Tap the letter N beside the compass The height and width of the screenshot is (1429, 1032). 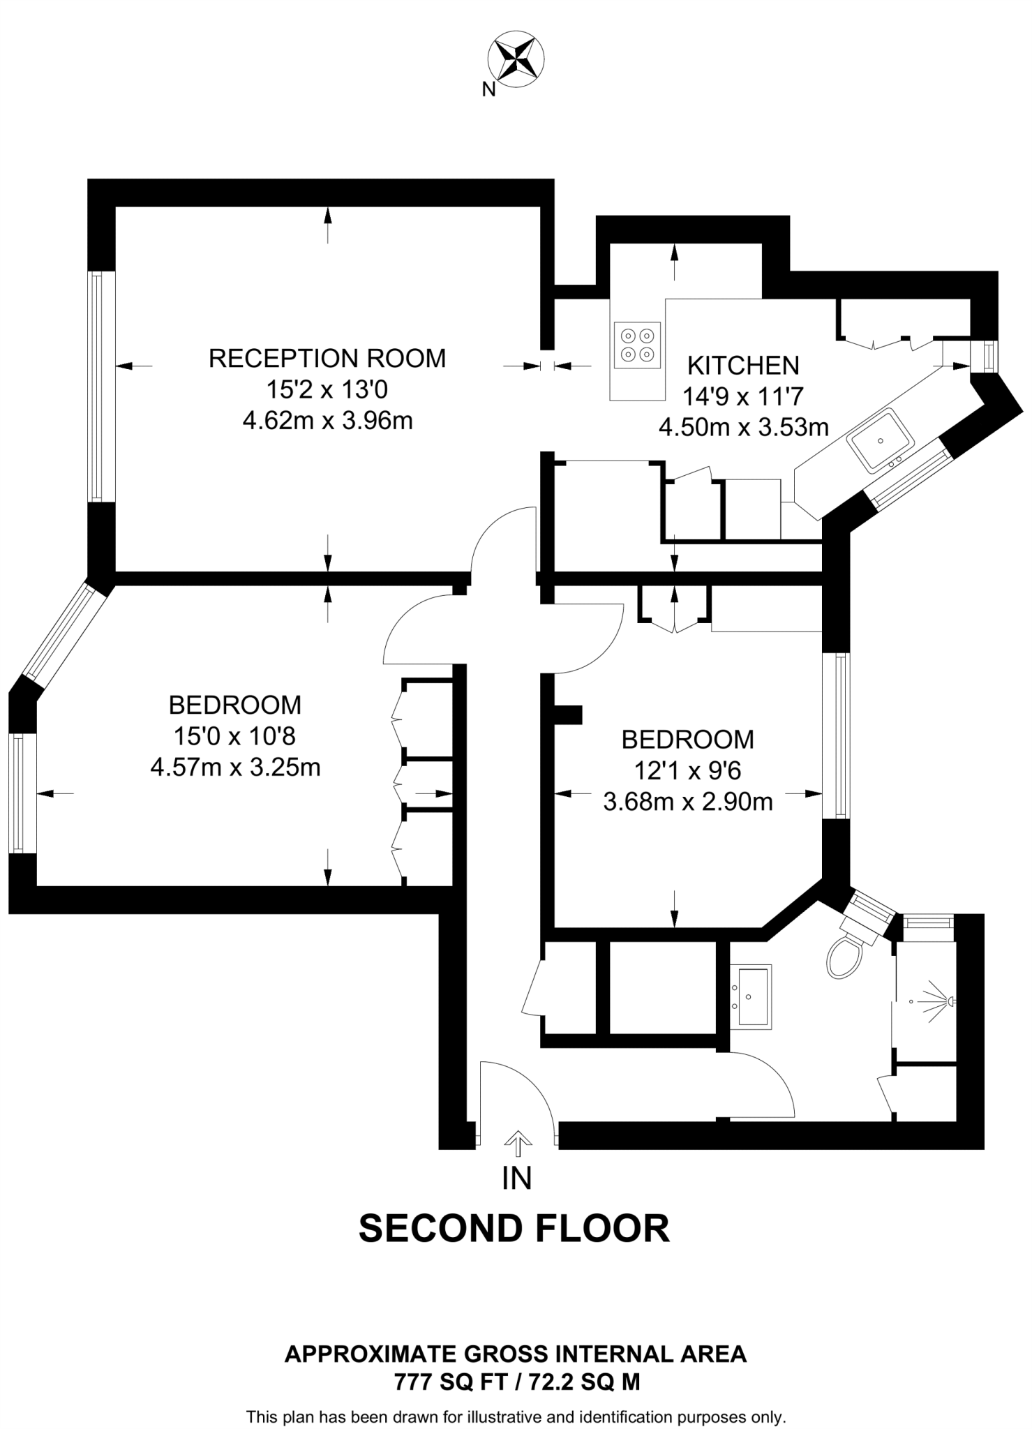click(x=489, y=89)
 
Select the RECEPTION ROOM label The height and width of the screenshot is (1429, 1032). click(x=327, y=358)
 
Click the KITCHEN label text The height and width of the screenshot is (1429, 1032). click(x=743, y=365)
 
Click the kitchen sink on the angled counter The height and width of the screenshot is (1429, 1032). click(x=881, y=441)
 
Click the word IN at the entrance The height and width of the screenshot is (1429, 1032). click(x=517, y=1179)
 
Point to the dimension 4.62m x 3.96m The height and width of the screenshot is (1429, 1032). click(x=327, y=421)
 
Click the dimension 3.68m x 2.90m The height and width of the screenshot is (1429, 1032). click(x=687, y=802)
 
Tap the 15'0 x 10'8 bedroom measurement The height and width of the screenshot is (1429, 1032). click(x=235, y=736)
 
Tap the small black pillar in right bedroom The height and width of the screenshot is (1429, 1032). click(x=568, y=714)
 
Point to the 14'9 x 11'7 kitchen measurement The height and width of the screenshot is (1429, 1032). click(x=743, y=396)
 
